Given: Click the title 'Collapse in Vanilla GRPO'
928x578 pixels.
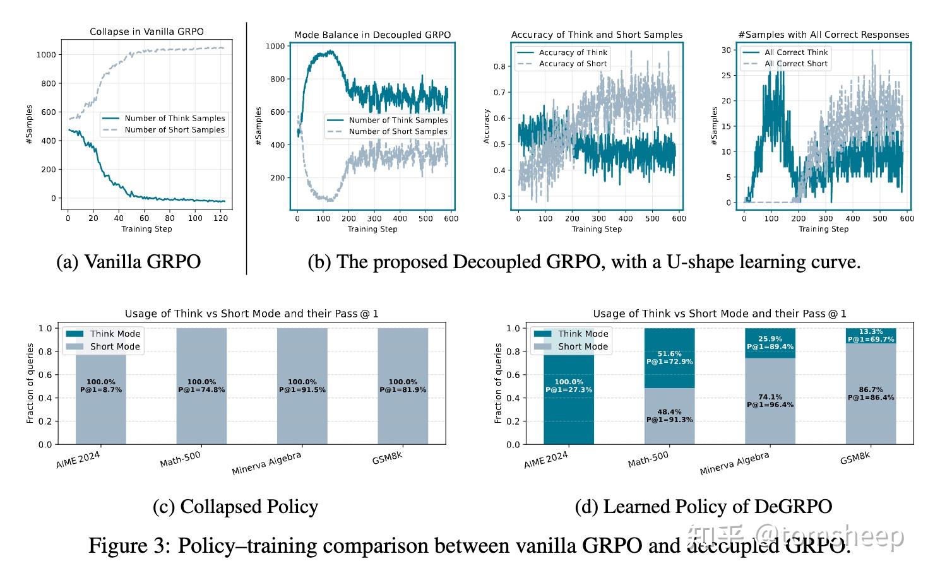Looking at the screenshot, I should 146,32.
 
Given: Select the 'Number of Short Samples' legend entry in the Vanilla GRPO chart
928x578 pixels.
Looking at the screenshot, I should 174,130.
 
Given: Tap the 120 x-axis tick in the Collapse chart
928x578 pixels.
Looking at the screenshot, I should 221,218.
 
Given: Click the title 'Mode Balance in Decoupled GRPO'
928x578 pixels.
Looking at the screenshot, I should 372,35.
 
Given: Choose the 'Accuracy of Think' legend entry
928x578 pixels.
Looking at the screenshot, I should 573,52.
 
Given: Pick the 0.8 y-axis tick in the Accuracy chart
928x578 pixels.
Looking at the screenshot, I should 499,66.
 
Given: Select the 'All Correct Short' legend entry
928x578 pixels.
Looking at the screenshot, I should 795,64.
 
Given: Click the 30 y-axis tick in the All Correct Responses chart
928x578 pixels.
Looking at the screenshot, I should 726,50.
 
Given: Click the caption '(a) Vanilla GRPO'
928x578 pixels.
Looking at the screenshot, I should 129,262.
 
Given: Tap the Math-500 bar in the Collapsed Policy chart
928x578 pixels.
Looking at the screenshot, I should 201,386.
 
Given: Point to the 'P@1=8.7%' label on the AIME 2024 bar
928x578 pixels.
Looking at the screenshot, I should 101,390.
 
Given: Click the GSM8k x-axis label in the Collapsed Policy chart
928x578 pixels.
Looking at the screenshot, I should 387,458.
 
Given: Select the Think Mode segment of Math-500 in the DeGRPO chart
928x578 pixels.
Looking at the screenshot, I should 669,358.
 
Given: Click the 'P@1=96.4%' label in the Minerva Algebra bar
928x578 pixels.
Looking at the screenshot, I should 770,404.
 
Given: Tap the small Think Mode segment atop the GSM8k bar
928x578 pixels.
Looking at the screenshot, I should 871,336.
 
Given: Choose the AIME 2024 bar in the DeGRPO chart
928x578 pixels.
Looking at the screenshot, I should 569,386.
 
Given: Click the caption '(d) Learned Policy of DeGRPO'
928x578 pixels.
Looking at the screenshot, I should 703,506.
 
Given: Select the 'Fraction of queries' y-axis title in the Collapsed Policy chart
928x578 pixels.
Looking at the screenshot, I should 30,384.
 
